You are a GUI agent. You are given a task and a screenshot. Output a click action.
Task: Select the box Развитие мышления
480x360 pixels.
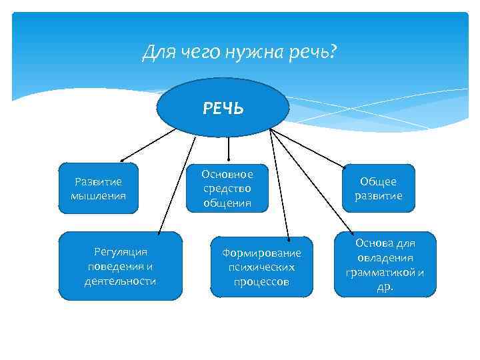98,188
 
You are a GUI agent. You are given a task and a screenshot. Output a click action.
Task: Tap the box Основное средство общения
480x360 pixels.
227,188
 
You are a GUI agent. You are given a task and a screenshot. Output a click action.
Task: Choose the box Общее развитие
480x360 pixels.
378,188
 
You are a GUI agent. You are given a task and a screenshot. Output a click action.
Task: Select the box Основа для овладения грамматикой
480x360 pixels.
385,265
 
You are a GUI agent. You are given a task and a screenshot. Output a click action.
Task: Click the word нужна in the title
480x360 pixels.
254,52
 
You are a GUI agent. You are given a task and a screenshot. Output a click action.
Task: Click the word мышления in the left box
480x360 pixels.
98,196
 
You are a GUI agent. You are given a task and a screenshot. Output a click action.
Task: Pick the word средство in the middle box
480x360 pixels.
227,189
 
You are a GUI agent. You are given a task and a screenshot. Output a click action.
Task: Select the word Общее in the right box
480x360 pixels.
378,181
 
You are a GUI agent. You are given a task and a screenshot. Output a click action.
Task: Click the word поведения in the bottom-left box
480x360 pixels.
120,266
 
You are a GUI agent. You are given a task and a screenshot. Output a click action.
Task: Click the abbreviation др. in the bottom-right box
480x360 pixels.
385,287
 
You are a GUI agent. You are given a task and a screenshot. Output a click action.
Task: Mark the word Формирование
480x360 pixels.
261,253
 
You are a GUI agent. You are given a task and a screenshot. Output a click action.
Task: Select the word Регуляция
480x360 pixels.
120,251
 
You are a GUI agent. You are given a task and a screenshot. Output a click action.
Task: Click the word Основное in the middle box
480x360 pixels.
227,175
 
